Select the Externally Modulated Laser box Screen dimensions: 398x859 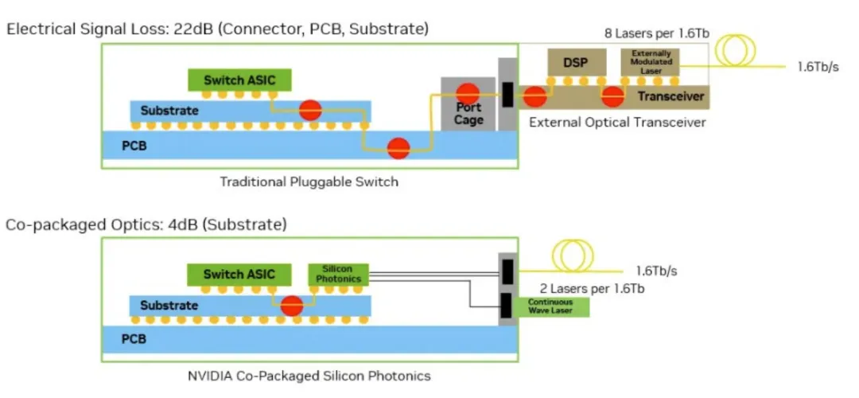[650, 62]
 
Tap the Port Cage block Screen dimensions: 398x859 [468, 104]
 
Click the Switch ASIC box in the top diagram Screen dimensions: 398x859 [239, 80]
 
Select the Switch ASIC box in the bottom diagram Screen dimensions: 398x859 [239, 274]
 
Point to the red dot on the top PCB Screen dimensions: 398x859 [398, 146]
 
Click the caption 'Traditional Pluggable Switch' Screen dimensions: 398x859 [309, 181]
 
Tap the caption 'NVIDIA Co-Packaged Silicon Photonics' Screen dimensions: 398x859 [310, 375]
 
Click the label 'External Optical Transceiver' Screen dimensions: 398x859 [616, 123]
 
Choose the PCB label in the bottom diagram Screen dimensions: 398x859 [134, 339]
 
